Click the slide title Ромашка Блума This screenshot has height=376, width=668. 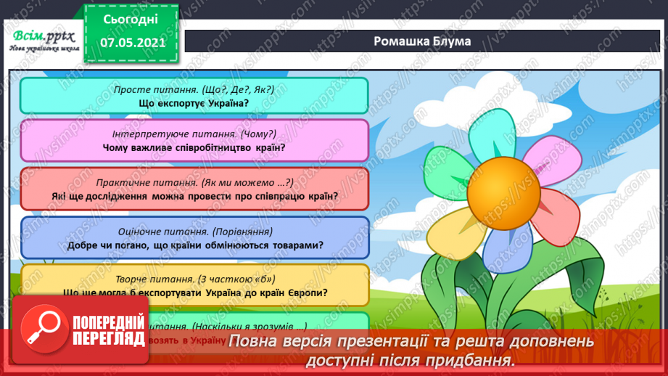point(421,41)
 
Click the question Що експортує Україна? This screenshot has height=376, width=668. point(194,103)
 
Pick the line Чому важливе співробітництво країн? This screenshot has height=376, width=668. point(194,147)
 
